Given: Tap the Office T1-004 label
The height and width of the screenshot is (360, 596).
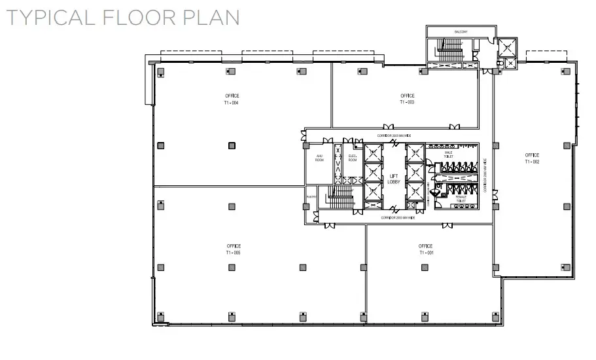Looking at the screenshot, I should click(x=231, y=99).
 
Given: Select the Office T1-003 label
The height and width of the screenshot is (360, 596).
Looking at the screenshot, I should click(x=408, y=99).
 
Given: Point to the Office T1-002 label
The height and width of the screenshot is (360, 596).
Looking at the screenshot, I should click(x=532, y=158).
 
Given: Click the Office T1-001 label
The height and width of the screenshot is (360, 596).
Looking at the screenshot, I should click(x=426, y=249).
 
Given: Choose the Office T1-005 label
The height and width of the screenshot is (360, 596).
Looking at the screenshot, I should click(x=234, y=249).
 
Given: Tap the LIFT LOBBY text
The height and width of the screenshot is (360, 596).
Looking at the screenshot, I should click(x=394, y=179).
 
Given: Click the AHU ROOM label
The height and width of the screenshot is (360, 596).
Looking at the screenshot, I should click(x=319, y=158).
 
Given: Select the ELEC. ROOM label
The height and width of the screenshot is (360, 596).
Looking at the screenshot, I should click(x=352, y=158).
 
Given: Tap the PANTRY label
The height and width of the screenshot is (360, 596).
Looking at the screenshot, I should click(x=310, y=196).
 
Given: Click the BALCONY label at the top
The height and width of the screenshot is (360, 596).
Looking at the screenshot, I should click(x=461, y=31).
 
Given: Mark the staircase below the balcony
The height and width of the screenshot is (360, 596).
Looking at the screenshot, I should click(x=451, y=50).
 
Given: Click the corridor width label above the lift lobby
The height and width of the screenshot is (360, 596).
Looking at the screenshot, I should click(x=393, y=135).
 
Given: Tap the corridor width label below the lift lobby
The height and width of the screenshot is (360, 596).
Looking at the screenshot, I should click(x=398, y=216).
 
